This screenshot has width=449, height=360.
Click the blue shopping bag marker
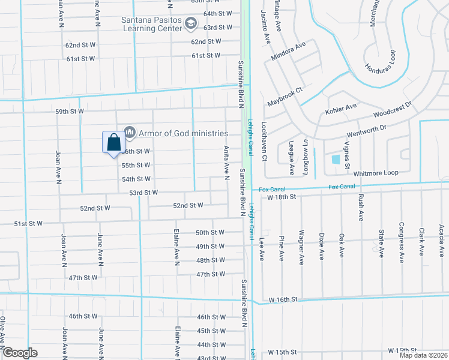[113, 143]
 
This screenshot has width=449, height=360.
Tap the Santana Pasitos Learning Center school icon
[191, 24]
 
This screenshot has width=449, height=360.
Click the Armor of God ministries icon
[129, 133]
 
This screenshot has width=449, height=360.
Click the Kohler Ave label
[341, 109]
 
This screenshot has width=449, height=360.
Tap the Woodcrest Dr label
[391, 109]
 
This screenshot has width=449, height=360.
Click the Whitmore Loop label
[376, 173]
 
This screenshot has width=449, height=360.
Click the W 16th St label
[283, 299]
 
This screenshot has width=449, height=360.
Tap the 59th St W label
[70, 112]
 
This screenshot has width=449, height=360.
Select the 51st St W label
[28, 224]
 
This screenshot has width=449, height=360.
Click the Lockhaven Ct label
[264, 142]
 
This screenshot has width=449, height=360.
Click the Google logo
[20, 353]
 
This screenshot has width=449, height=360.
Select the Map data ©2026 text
[423, 355]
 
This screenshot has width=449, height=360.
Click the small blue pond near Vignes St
[336, 160]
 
